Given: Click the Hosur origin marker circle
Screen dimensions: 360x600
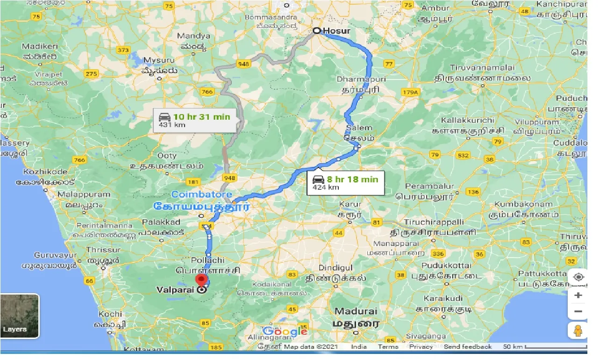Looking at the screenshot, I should (x=317, y=31).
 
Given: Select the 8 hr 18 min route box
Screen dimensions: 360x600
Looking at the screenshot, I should (x=345, y=183).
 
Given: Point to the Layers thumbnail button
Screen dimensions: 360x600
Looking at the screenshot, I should (x=20, y=316).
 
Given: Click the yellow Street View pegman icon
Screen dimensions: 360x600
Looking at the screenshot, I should (x=578, y=330).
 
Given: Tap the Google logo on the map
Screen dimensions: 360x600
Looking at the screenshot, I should (x=285, y=331).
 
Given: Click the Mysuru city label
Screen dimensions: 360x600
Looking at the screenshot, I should (x=159, y=60).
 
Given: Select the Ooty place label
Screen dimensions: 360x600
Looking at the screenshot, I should (x=167, y=156).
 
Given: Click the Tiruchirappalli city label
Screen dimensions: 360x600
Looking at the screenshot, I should (x=433, y=222).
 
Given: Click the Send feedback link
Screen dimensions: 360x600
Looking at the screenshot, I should (x=468, y=347).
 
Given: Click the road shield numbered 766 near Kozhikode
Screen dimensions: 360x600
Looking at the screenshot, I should (x=80, y=160).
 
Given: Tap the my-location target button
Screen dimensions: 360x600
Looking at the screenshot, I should (x=579, y=277).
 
